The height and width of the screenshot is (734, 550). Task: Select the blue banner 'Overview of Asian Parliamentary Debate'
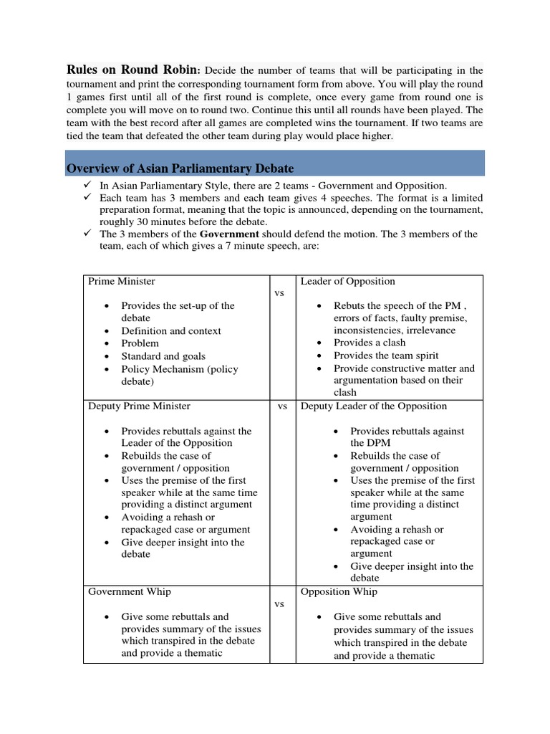tap(180, 168)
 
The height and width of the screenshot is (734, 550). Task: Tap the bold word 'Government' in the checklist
tap(229, 234)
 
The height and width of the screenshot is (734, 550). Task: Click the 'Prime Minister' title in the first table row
tap(121, 281)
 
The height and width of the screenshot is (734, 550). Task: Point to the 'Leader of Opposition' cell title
tap(347, 281)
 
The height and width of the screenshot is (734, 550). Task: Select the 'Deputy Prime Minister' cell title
tap(139, 406)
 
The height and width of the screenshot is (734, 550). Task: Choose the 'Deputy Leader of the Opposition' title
tap(374, 406)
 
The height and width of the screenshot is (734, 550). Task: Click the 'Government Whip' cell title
tap(129, 591)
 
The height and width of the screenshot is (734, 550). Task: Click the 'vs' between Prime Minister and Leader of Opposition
tap(281, 293)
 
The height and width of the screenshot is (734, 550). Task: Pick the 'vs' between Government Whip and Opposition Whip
tap(281, 604)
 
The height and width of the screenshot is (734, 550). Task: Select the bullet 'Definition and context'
tap(171, 330)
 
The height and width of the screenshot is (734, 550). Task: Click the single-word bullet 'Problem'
tap(140, 343)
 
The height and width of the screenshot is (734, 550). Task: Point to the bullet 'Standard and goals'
tap(163, 356)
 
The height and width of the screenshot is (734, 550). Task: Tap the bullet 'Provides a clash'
tap(370, 343)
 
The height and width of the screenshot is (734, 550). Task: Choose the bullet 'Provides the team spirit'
tap(386, 356)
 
